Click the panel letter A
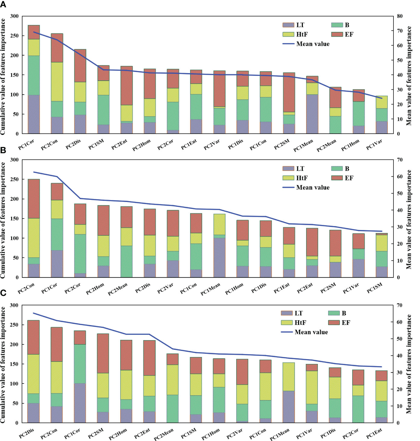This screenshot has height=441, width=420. pos(3,5)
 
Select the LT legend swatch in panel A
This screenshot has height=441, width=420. pos(288,25)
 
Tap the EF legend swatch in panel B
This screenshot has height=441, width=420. pos(337,178)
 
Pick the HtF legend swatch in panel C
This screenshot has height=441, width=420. pos(287,323)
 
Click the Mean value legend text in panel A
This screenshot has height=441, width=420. pos(313,44)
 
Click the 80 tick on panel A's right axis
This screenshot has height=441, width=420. pos(400,16)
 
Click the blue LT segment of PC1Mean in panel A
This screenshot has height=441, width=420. pos(312,114)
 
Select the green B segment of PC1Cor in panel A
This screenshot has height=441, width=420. pos(34,75)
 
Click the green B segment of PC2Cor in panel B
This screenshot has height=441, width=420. pos(80,254)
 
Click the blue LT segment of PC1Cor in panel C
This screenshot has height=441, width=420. pos(80,403)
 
